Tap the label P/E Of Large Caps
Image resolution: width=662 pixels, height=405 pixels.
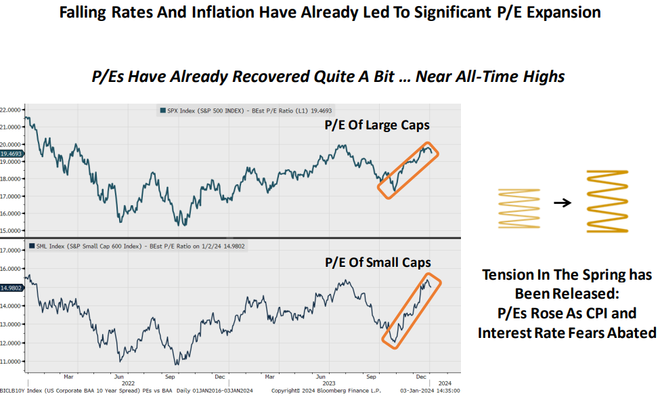(377, 125)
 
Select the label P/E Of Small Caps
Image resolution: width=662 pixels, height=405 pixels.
(378, 262)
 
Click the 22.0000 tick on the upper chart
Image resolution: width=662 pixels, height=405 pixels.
(12, 109)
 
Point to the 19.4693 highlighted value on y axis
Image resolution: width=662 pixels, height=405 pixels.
(12, 154)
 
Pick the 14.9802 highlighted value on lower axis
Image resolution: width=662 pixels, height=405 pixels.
(12, 288)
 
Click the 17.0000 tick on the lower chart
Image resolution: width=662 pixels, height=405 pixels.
(12, 251)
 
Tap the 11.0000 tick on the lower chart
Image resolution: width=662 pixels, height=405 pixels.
(12, 361)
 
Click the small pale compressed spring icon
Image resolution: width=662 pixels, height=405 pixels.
(519, 202)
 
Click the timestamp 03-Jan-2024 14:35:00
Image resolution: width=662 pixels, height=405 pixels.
(429, 391)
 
